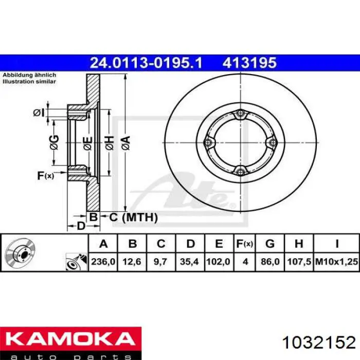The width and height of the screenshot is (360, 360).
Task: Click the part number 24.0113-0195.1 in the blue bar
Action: pyautogui.click(x=146, y=63)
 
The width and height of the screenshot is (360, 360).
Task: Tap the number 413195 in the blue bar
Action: pyautogui.click(x=249, y=63)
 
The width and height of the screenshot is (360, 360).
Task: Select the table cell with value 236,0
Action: pyautogui.click(x=103, y=261)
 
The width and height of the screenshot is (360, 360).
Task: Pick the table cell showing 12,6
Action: pyautogui.click(x=132, y=261)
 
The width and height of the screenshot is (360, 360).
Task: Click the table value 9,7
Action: pyautogui.click(x=160, y=261)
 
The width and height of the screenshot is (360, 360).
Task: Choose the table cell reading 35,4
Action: pyautogui.click(x=190, y=261)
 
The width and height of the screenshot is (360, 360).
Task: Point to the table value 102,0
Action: pyautogui.click(x=219, y=261)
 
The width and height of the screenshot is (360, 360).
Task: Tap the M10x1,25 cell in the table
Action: pyautogui.click(x=336, y=261)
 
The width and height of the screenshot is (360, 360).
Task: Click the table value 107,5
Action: pyautogui.click(x=299, y=261)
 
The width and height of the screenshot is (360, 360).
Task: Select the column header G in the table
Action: pyautogui.click(x=270, y=243)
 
